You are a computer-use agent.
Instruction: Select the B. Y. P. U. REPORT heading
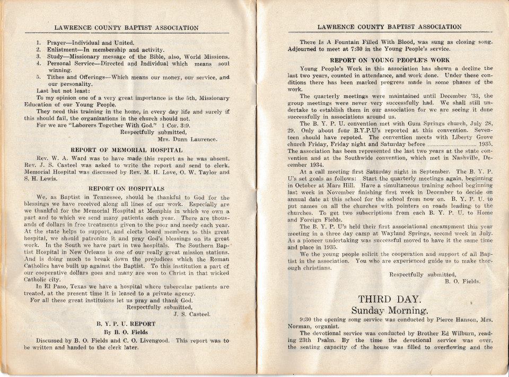pyautogui.click(x=126, y=324)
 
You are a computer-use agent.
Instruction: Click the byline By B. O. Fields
pyautogui.click(x=126, y=332)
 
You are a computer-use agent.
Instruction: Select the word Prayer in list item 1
pyautogui.click(x=57, y=42)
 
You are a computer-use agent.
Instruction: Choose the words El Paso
pyautogui.click(x=46, y=286)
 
